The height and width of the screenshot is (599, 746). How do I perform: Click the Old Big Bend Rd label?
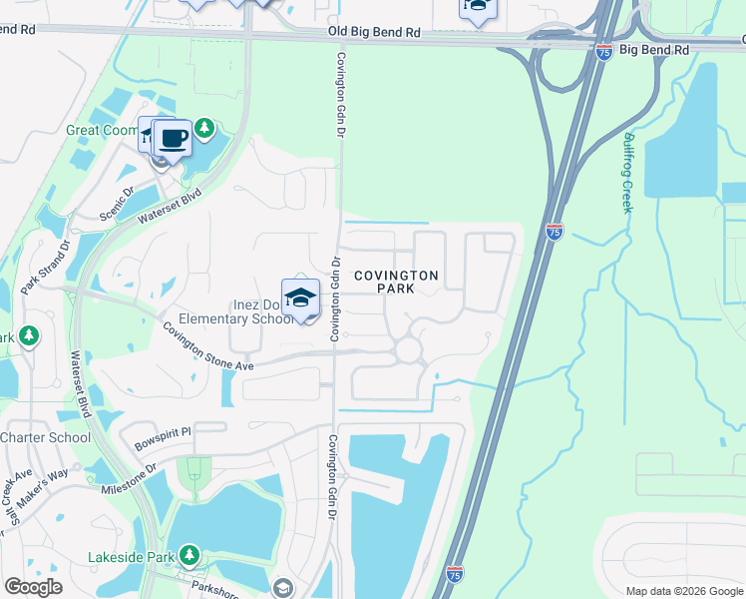(374, 33)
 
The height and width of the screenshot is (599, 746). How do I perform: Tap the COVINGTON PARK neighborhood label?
(396, 281)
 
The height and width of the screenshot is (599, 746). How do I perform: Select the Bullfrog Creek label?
(627, 173)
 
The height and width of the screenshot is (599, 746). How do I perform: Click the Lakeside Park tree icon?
(188, 555)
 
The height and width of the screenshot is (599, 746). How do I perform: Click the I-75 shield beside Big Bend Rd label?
(605, 52)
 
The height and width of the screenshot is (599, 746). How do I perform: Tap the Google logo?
(33, 586)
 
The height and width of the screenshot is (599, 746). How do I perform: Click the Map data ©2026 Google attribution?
(684, 591)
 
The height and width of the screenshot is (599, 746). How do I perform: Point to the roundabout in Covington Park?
(408, 349)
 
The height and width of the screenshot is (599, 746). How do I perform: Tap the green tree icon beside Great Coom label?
(204, 128)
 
